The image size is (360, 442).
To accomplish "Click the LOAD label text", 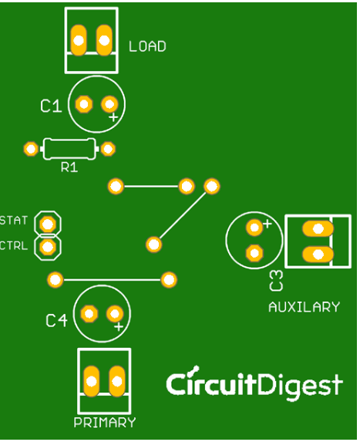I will tap(147, 46).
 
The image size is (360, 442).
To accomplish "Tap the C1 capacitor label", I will tap(51, 106).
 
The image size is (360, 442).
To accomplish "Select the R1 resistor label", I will tap(69, 167).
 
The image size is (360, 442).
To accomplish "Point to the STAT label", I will tap(14, 221).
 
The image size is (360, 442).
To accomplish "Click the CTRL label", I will tap(14, 246).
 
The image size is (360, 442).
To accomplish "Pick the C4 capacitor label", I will tap(56, 320).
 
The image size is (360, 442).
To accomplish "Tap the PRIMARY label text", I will tap(104, 423).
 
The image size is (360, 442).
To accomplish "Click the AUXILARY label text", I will tap(304, 307).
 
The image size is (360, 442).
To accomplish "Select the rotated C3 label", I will tap(276, 281).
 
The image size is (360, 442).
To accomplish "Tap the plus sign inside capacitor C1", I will tap(113, 117).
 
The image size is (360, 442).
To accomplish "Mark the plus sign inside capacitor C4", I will tap(119, 327).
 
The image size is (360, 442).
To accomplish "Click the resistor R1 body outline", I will tap(69, 148).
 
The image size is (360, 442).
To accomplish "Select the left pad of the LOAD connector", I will tap(79, 39).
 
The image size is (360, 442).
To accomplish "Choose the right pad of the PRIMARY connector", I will tap(117, 380).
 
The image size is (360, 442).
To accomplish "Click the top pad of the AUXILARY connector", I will tap(317, 228).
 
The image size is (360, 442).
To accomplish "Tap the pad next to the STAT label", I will tap(49, 224).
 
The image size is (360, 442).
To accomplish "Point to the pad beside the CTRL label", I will tap(49, 247).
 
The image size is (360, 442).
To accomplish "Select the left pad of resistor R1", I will tap(31, 148).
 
